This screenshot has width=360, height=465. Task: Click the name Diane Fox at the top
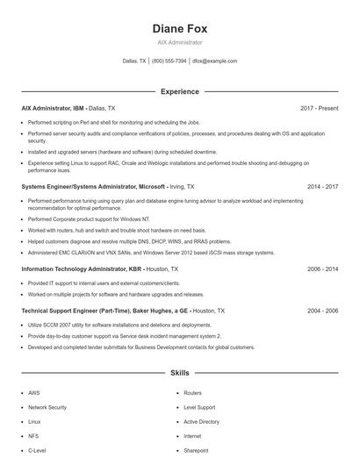[x=179, y=28]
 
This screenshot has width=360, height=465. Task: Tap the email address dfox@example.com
[x=214, y=61]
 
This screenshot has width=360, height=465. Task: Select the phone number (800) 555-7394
[x=169, y=61]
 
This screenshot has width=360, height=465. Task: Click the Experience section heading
[x=179, y=91]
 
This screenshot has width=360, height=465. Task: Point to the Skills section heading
[x=179, y=373]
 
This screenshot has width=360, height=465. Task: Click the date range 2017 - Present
[x=319, y=108]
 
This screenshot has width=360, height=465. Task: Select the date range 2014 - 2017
[x=322, y=187]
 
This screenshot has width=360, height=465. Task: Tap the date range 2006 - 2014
[x=322, y=269]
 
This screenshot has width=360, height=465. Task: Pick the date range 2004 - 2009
[x=322, y=311]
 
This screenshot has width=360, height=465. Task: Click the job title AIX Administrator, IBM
[x=53, y=108]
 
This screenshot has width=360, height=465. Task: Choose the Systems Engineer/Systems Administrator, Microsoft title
[x=93, y=187]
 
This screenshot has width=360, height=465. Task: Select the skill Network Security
[x=47, y=407]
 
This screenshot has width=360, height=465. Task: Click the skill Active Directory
[x=201, y=421]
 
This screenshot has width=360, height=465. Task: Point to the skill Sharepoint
[x=196, y=449]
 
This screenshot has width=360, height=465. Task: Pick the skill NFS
[x=33, y=435]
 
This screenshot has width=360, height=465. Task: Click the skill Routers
[x=192, y=393]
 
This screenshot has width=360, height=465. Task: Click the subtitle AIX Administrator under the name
[x=179, y=42]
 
